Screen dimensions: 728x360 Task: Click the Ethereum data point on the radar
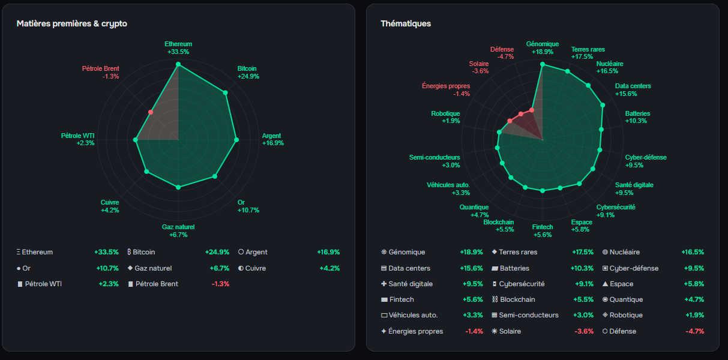[178, 64]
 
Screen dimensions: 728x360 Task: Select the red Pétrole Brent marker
[151, 112]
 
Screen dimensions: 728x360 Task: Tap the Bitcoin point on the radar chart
[226, 93]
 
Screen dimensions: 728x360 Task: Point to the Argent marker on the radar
[236, 140]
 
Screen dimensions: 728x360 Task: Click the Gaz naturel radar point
[178, 187]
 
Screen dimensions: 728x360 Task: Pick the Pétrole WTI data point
[136, 140]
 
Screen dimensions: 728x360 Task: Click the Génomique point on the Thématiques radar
[543, 64]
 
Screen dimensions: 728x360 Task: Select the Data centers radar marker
[603, 105]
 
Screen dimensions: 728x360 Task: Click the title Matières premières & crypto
[72, 24]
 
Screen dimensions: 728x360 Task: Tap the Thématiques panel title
[406, 24]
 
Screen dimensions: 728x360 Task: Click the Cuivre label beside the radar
[110, 202]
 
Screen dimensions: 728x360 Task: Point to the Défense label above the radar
[502, 49]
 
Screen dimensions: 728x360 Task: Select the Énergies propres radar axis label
[446, 86]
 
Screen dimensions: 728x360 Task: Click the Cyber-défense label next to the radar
[646, 158]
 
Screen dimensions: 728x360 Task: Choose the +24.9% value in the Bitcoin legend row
[217, 252]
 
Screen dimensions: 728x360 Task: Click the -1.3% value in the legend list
[221, 284]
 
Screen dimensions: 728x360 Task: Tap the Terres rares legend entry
[514, 252]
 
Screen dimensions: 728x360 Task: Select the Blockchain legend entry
[514, 299]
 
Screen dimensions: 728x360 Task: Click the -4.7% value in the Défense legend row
[695, 331]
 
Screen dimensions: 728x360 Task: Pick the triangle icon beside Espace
[605, 284]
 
